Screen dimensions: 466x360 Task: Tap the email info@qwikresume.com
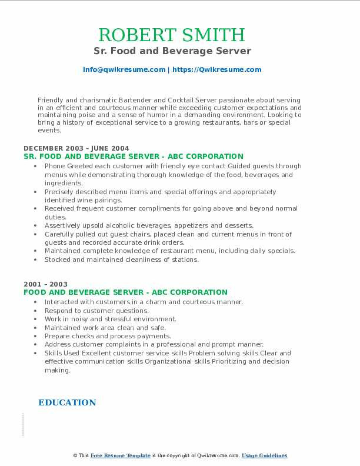(124, 69)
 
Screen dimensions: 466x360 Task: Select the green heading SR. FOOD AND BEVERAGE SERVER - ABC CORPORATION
(133, 157)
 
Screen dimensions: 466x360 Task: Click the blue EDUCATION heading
(67, 402)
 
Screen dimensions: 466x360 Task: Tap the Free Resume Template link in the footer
(121, 455)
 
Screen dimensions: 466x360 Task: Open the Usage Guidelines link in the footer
(264, 455)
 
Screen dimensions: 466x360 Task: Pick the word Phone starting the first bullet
(55, 167)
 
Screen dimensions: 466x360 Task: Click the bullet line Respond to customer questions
(96, 311)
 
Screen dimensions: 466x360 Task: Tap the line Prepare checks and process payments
(108, 336)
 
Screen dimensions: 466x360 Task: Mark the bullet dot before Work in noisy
(36, 319)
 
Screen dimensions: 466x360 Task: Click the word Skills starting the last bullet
(54, 354)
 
